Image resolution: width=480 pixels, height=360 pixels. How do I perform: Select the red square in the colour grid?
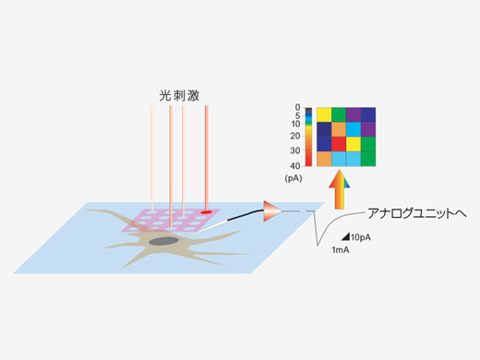coord(339,143)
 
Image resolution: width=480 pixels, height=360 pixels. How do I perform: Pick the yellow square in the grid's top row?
coord(324,114)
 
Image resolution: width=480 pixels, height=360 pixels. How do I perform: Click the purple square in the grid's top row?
coord(354,114)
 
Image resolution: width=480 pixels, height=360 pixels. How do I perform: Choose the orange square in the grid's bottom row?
coord(324,159)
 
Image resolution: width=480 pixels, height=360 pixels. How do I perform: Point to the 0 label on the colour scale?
coord(297,108)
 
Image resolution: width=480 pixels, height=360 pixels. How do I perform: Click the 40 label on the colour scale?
coord(295,165)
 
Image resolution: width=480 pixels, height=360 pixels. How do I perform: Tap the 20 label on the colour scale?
coord(295,136)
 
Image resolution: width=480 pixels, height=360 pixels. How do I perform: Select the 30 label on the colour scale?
coord(295,150)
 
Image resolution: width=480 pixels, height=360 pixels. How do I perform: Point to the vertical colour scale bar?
coord(308,137)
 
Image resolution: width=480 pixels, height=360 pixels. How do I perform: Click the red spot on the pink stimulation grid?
coord(205,210)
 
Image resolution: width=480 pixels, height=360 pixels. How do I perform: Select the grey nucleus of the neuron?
coord(165,242)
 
